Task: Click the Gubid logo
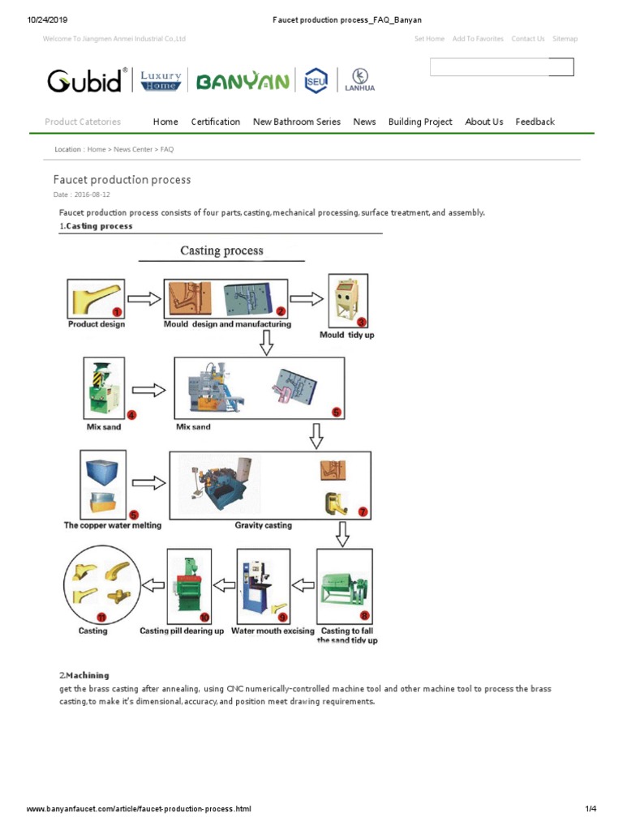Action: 84,80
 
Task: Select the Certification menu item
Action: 215,122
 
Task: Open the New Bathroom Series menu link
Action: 297,122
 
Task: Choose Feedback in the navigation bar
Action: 535,122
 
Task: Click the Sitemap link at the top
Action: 565,39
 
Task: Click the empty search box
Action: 489,67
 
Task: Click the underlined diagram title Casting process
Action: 221,250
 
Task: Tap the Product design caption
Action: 96,324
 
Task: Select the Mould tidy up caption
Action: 346,335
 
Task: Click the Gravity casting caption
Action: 263,525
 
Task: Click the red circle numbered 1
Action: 117,311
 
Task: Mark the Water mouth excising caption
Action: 273,631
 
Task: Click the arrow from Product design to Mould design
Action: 144,298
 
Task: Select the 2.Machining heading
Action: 84,675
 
